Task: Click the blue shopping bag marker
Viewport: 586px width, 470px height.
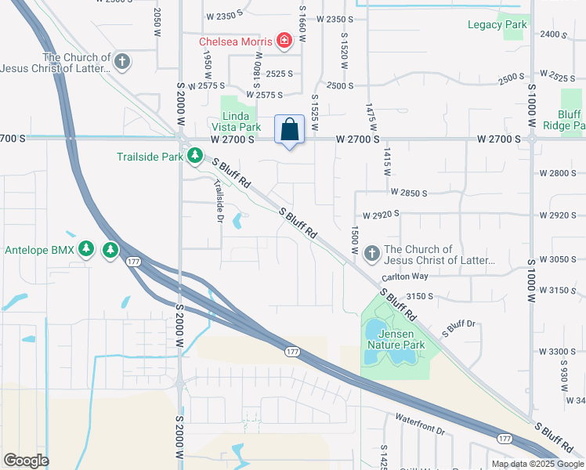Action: click(289, 130)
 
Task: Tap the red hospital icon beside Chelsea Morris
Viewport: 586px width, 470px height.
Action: click(283, 41)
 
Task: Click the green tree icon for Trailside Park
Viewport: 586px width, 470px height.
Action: click(194, 157)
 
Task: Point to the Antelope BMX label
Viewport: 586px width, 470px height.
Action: click(40, 251)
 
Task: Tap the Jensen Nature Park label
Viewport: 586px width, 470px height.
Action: click(396, 339)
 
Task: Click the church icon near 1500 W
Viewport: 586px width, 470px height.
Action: click(372, 253)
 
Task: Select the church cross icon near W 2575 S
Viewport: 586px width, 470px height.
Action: click(121, 60)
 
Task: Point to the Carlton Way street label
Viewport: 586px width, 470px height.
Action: click(405, 277)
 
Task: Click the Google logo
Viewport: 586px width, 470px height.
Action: click(26, 461)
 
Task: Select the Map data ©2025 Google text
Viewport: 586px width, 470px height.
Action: click(537, 464)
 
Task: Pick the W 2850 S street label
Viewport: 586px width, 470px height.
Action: click(409, 192)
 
